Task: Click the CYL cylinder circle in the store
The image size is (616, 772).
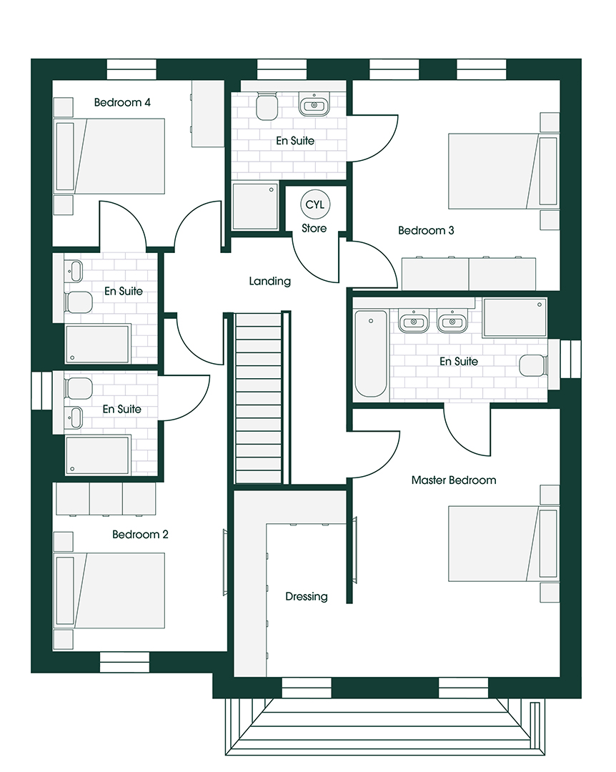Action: point(315,204)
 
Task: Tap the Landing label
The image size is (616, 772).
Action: point(270,281)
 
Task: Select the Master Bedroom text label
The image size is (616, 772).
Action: point(454,480)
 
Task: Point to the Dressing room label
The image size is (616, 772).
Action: point(307,597)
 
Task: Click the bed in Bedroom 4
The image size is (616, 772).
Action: point(110,156)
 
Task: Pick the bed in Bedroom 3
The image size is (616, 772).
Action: point(504,170)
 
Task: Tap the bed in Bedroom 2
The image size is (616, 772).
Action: point(110,591)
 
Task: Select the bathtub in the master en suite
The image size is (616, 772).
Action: point(371,354)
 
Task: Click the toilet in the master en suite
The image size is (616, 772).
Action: point(534,365)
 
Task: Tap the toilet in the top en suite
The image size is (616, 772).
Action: point(267,105)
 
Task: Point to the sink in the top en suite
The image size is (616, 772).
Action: point(313,104)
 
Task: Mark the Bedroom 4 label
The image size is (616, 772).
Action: point(122,102)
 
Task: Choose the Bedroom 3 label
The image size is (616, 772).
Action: point(426,230)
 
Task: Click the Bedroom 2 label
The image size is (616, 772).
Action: point(140,535)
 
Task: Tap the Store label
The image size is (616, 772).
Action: point(314,229)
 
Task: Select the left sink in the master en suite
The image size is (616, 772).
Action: point(413,322)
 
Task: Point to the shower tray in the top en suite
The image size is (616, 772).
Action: point(255,207)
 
